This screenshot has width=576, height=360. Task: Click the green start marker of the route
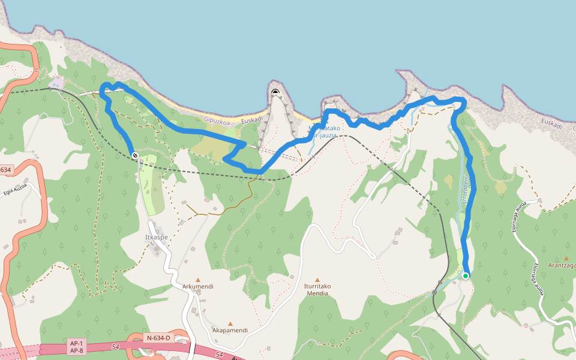(x=465, y=276)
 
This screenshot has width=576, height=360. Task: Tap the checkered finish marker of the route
(x=135, y=156)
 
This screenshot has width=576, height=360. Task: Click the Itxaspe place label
(x=156, y=237)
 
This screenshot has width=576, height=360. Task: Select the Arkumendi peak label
(x=198, y=287)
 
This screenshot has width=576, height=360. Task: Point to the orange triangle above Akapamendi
(x=230, y=323)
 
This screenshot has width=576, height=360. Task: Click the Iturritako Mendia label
(x=317, y=290)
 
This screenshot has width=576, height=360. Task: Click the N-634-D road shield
(x=159, y=338)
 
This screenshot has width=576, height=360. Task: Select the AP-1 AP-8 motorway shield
(x=76, y=346)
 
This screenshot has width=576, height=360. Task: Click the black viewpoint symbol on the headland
(x=275, y=92)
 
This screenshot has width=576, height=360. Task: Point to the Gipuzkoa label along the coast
(x=218, y=119)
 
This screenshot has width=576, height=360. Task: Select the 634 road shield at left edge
(x=5, y=170)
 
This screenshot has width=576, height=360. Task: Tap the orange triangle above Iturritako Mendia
(x=317, y=280)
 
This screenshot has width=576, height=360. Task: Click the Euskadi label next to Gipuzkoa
(x=252, y=119)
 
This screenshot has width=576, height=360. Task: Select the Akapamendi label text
(x=230, y=331)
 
